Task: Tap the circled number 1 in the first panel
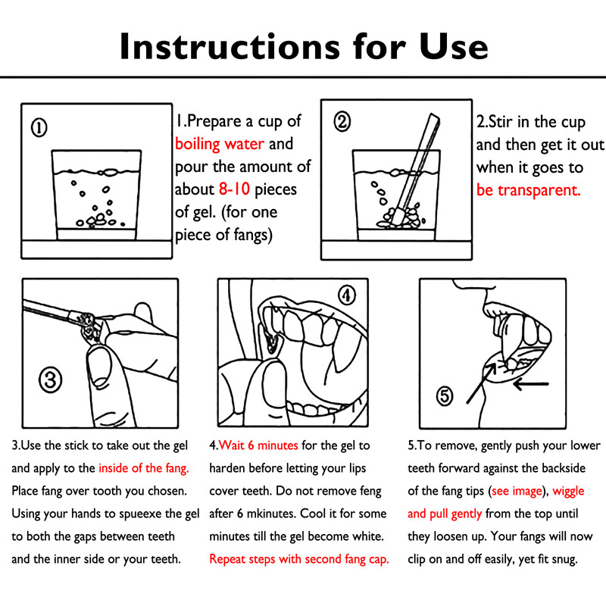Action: click(39, 127)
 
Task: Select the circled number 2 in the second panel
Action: click(342, 121)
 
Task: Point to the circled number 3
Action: click(50, 380)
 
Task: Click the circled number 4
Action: click(347, 295)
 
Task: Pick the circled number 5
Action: click(445, 395)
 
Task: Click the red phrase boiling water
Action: click(220, 144)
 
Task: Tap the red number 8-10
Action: click(234, 189)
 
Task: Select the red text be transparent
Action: click(528, 190)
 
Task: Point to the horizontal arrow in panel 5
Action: click(531, 384)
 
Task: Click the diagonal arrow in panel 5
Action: click(482, 383)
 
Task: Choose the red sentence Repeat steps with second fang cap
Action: click(299, 559)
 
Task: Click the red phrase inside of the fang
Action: click(144, 468)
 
